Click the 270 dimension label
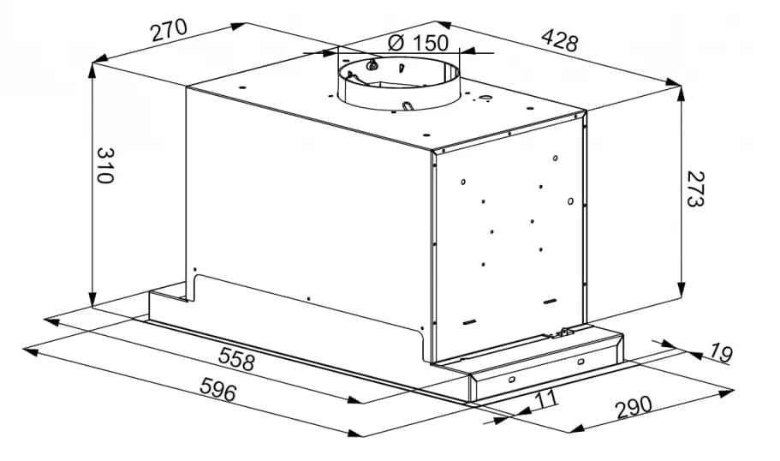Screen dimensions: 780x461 (170, 31)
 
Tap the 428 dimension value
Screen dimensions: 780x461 (560, 39)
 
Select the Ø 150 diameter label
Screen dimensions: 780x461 (418, 43)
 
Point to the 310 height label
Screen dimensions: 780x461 (105, 165)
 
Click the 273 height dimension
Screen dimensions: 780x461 (695, 189)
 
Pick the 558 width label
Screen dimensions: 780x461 (237, 359)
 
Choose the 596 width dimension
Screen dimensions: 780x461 (217, 389)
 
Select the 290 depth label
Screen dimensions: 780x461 (634, 407)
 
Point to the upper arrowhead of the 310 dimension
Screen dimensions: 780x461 (92, 71)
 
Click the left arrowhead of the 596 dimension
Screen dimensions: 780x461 (30, 352)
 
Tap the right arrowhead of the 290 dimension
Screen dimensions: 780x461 (727, 392)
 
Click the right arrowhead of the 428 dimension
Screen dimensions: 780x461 (674, 82)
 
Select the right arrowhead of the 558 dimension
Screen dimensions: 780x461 (355, 400)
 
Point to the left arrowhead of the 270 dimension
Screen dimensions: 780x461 (100, 59)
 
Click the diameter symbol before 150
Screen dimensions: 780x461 (396, 44)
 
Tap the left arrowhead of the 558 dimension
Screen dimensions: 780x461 (51, 321)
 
